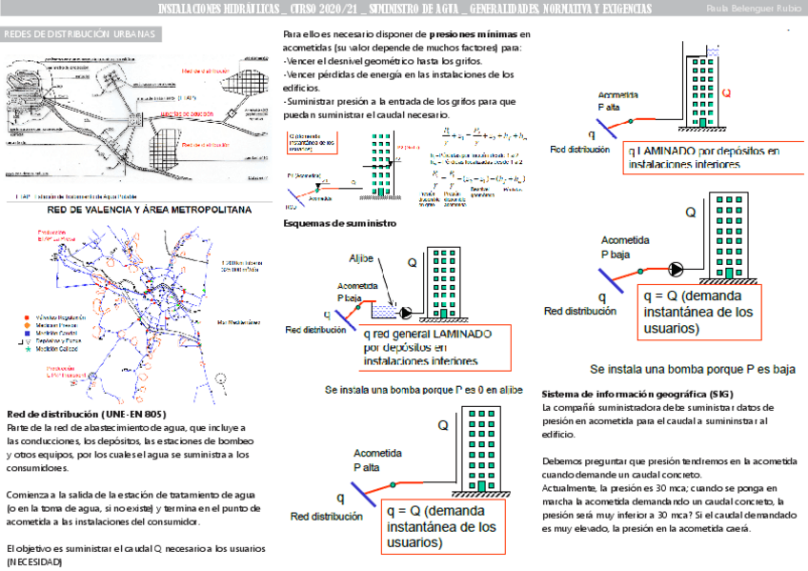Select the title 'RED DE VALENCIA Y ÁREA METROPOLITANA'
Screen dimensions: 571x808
tap(149, 209)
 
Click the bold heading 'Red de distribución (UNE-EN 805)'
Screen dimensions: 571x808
tap(87, 415)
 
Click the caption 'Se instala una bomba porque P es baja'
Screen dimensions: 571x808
tap(693, 369)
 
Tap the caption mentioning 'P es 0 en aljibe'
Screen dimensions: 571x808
tap(424, 390)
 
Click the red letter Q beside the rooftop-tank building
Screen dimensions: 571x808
tap(726, 93)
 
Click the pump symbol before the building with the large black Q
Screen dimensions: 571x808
tap(677, 268)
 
